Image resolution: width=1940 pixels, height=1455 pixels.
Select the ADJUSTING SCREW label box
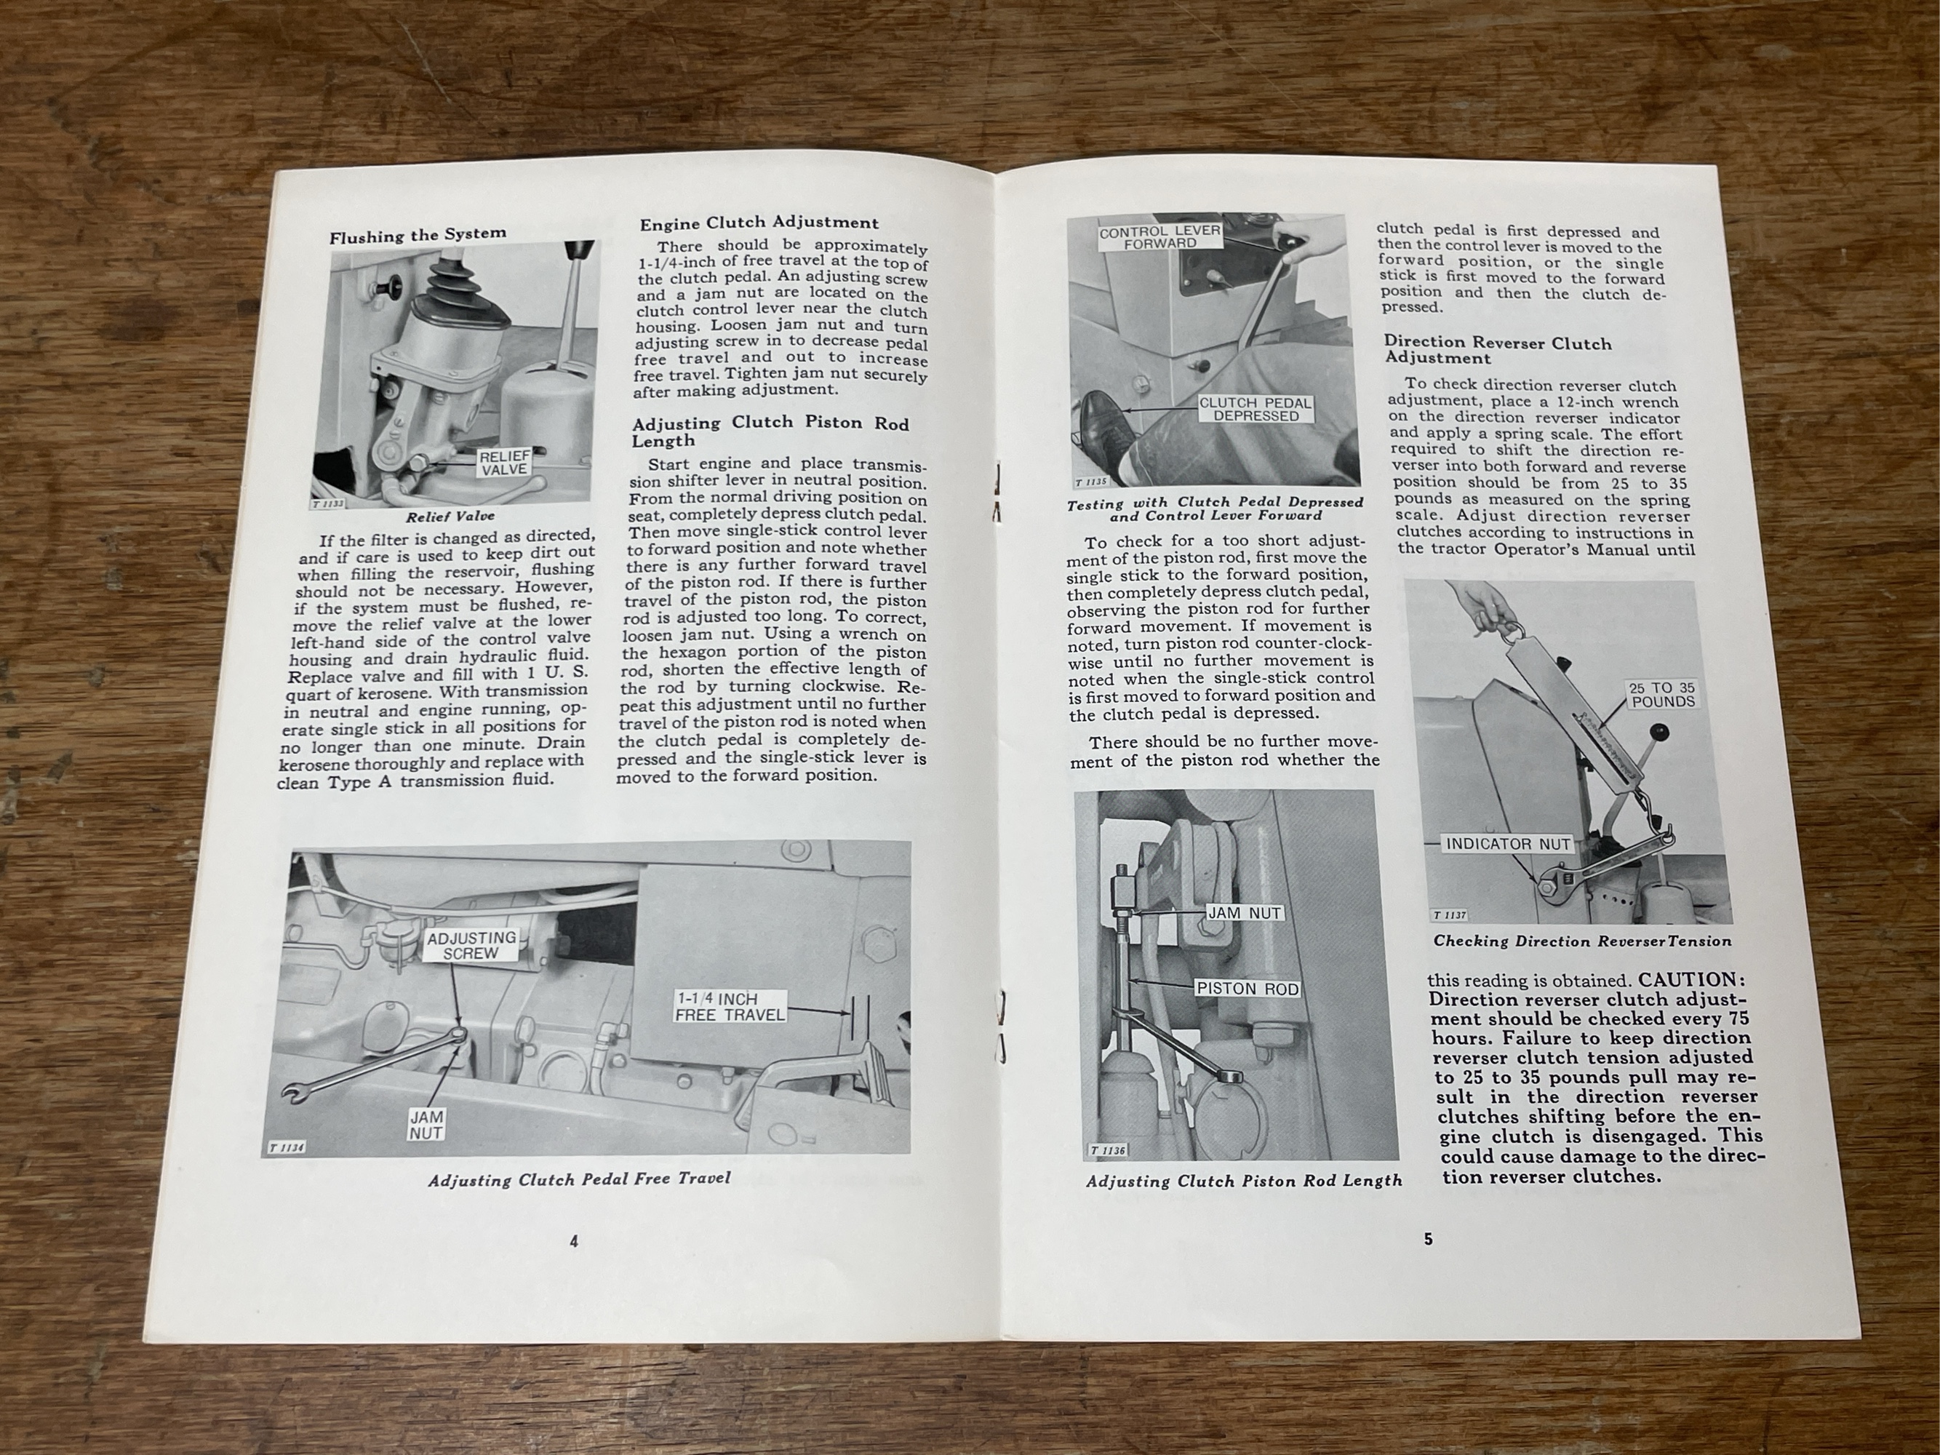point(471,946)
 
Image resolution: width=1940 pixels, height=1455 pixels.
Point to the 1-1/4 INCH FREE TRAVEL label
point(730,1006)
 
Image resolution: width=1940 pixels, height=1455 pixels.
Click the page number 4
point(574,1241)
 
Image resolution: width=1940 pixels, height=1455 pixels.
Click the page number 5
point(1428,1239)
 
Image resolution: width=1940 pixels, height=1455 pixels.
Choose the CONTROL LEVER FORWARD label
point(1160,236)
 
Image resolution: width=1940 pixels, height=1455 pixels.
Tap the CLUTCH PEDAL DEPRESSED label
point(1256,410)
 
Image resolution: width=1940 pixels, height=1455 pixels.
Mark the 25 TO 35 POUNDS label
point(1662,695)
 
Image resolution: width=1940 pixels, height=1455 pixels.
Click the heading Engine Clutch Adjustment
point(759,223)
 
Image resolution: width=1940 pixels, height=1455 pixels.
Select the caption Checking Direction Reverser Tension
point(1582,941)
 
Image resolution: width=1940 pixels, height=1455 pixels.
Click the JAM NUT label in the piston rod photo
point(1245,913)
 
